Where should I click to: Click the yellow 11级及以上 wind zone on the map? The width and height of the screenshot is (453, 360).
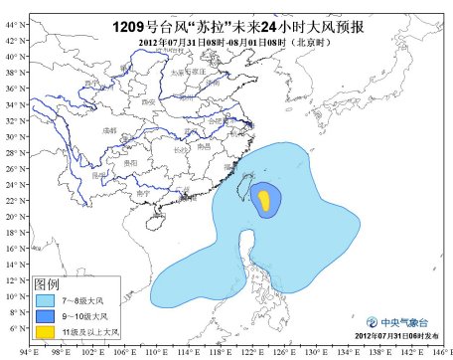[x=264, y=201]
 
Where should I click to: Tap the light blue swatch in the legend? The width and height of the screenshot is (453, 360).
[x=45, y=297]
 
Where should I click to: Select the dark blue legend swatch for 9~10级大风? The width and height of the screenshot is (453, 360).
[x=45, y=314]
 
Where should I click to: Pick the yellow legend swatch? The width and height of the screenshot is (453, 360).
[x=45, y=331]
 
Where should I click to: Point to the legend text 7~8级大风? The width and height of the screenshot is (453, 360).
[x=81, y=297]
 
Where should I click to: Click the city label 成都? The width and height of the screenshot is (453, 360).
[x=108, y=129]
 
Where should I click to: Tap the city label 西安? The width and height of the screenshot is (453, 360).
[x=148, y=102]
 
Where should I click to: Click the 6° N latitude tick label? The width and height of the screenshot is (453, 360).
[x=13, y=327]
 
